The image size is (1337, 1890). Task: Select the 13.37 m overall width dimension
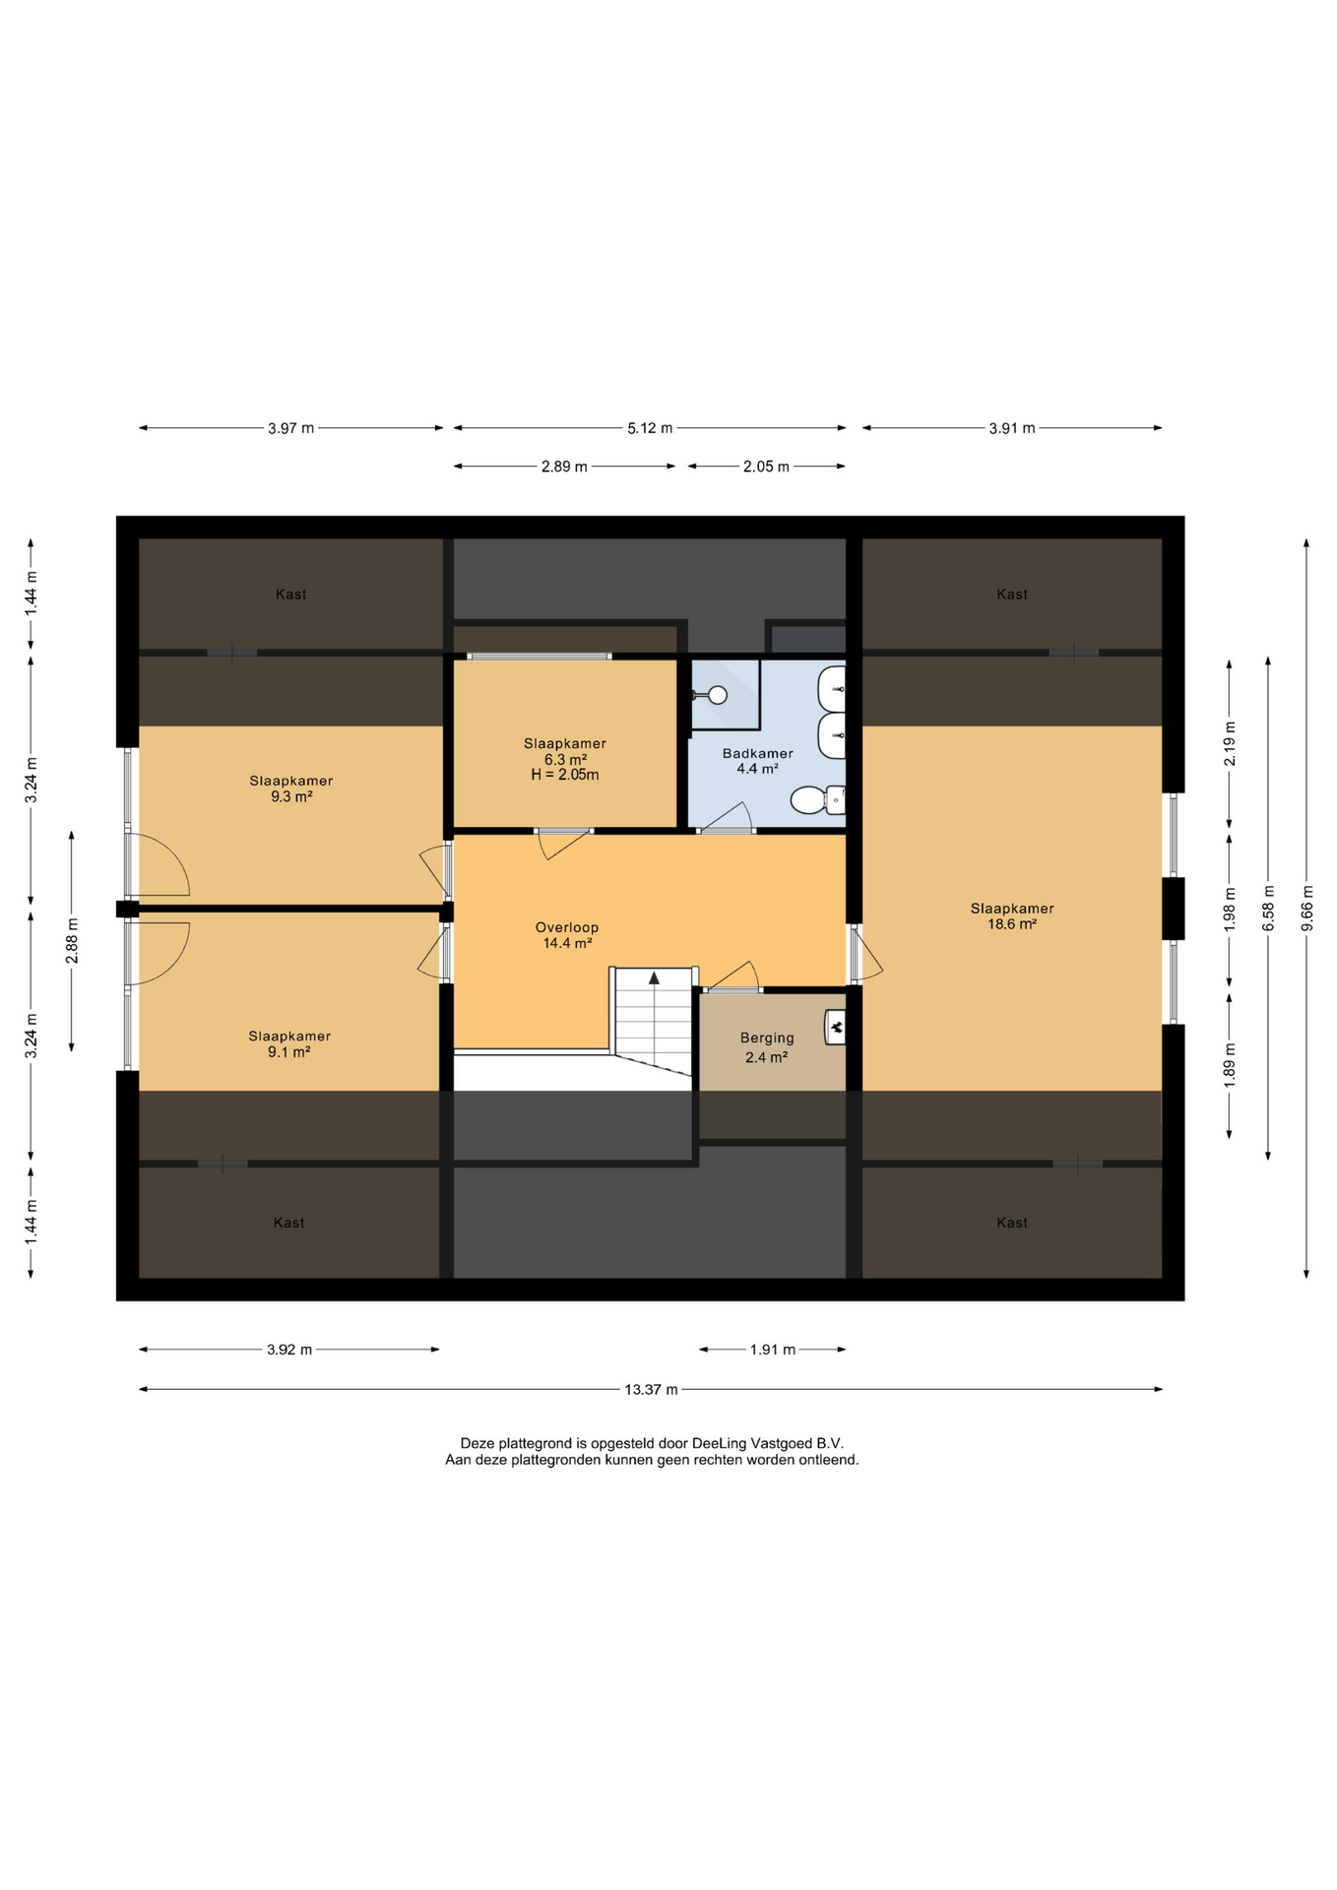pos(651,1389)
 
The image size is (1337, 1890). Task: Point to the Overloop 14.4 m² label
pos(567,935)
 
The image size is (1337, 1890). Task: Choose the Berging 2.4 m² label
pos(767,1047)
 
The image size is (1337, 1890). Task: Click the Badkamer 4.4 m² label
pos(758,761)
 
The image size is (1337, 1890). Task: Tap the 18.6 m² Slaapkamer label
pos(1012,915)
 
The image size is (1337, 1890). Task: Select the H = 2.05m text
pos(565,775)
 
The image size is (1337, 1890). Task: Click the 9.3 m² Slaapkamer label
pos(291,788)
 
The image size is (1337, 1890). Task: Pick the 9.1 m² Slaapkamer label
pos(289,1043)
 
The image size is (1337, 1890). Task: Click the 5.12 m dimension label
pos(650,428)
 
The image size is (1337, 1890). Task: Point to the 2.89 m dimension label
pos(564,467)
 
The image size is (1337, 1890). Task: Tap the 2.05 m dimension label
pos(766,467)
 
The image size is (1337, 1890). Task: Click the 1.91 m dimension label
pos(773,1350)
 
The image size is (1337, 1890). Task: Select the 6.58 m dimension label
pos(1268,909)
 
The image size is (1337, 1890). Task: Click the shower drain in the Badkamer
pos(718,695)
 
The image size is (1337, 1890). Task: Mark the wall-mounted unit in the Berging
pos(835,1028)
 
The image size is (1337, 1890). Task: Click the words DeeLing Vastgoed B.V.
pos(768,1443)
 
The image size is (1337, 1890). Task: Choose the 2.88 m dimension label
pos(72,941)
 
